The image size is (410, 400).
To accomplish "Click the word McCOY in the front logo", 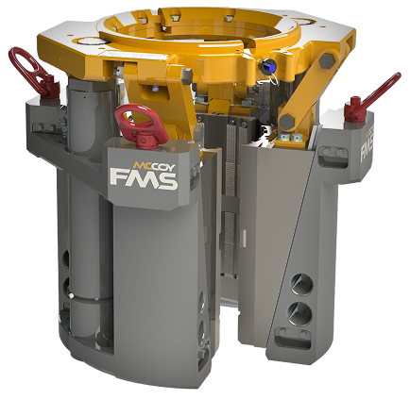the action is pos(154,165).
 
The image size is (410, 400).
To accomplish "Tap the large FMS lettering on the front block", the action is pos(144,179).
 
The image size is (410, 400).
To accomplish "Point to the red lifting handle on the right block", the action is pos(371,98).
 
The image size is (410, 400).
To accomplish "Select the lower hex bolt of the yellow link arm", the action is pos(287,122).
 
